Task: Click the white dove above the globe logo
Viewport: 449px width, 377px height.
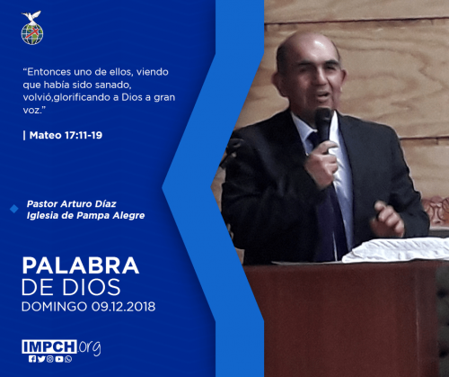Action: point(31,16)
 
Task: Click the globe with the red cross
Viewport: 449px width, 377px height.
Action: point(32,33)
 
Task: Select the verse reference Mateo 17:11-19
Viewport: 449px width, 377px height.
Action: point(66,135)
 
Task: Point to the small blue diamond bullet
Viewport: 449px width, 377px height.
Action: point(14,209)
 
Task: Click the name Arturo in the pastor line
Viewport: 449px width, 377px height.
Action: point(75,204)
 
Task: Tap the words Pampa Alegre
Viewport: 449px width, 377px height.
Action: point(110,216)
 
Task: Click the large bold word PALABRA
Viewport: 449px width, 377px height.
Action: point(81,265)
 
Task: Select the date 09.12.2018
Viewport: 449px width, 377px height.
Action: point(123,307)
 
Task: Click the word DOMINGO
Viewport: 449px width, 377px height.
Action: point(55,307)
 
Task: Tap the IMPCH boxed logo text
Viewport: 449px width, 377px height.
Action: point(49,346)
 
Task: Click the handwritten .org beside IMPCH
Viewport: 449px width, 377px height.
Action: point(90,348)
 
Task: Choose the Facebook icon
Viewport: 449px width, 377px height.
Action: point(32,359)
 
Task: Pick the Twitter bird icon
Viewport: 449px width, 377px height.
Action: point(41,359)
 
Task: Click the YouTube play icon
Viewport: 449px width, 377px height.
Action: point(59,359)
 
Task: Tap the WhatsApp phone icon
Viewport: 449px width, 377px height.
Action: point(68,359)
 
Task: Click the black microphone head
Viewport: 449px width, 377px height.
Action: point(323,121)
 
